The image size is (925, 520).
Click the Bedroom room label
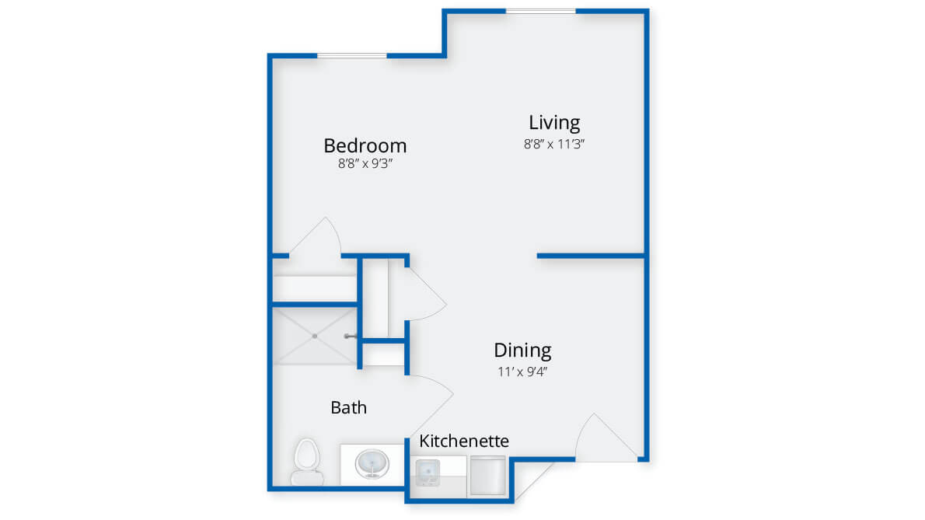coord(365,145)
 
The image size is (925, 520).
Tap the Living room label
coord(554,123)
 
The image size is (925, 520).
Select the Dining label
coord(522,351)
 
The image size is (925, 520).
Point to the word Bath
coord(349,407)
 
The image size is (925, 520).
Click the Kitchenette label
coord(464,441)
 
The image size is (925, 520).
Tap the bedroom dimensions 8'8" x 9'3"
coord(365,163)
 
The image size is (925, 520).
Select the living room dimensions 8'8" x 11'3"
coord(554,144)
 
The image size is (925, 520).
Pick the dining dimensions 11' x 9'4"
coord(522,372)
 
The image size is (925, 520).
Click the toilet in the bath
coord(307,462)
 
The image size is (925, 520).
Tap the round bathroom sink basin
coord(372,463)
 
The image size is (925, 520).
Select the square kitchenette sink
coord(428,471)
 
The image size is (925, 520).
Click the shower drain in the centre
coord(315,336)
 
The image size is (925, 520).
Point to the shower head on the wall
coord(351,336)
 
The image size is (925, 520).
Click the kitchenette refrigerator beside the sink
coord(488,475)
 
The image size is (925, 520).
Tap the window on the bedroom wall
coord(352,55)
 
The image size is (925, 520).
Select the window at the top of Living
coord(541,11)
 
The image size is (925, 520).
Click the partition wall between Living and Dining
coord(591,256)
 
